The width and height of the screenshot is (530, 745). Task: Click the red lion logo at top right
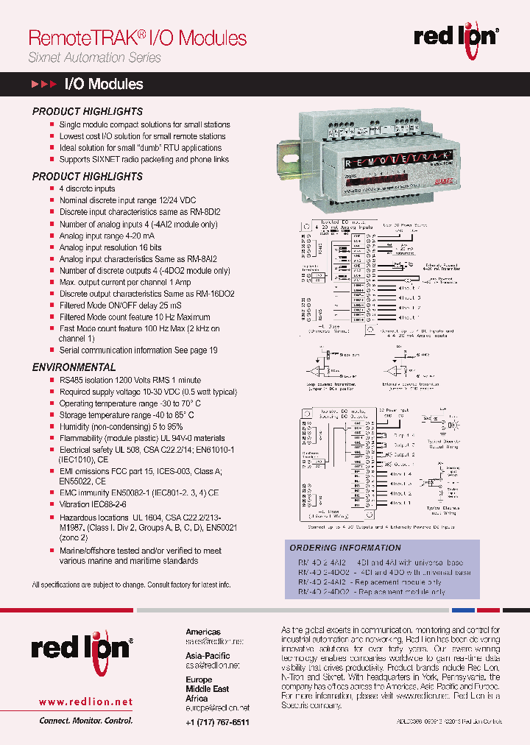[x=456, y=36]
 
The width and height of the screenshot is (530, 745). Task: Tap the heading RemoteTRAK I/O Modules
[x=137, y=38]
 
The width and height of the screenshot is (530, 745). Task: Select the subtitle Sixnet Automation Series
[x=94, y=57]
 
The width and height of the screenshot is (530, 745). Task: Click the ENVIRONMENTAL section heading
[x=74, y=367]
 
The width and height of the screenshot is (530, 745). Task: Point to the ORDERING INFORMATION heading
[x=345, y=548]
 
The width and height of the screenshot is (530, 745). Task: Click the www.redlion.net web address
[x=85, y=702]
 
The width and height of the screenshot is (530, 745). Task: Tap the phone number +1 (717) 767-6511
[x=217, y=722]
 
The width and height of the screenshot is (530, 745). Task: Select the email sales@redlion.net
[x=214, y=641]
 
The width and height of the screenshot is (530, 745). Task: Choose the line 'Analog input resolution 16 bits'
[x=110, y=247]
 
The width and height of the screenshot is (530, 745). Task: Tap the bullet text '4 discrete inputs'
[x=87, y=189]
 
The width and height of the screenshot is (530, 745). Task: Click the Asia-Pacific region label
[x=207, y=655]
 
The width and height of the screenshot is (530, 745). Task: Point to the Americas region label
[x=202, y=632]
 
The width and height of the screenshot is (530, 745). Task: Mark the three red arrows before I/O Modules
[x=43, y=85]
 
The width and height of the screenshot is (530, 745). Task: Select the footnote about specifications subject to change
[x=131, y=585]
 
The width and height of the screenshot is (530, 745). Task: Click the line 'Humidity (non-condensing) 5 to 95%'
[x=121, y=427]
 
